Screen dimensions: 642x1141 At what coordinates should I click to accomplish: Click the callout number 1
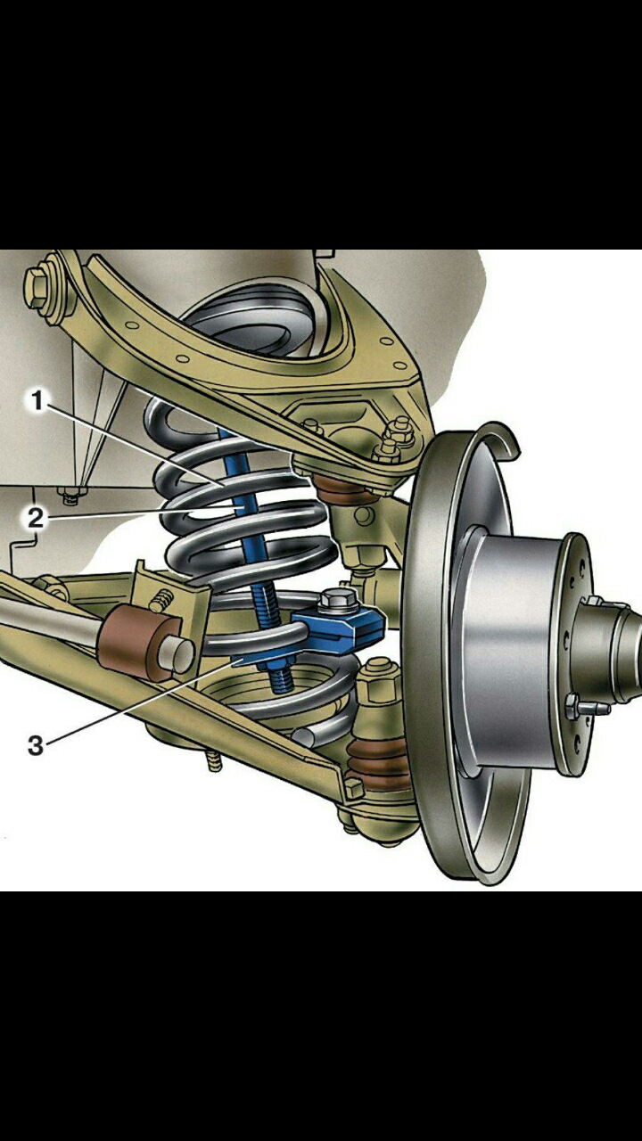(x=37, y=400)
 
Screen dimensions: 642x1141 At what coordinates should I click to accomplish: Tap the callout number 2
(x=36, y=519)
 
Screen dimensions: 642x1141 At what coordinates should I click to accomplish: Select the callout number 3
(x=35, y=745)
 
